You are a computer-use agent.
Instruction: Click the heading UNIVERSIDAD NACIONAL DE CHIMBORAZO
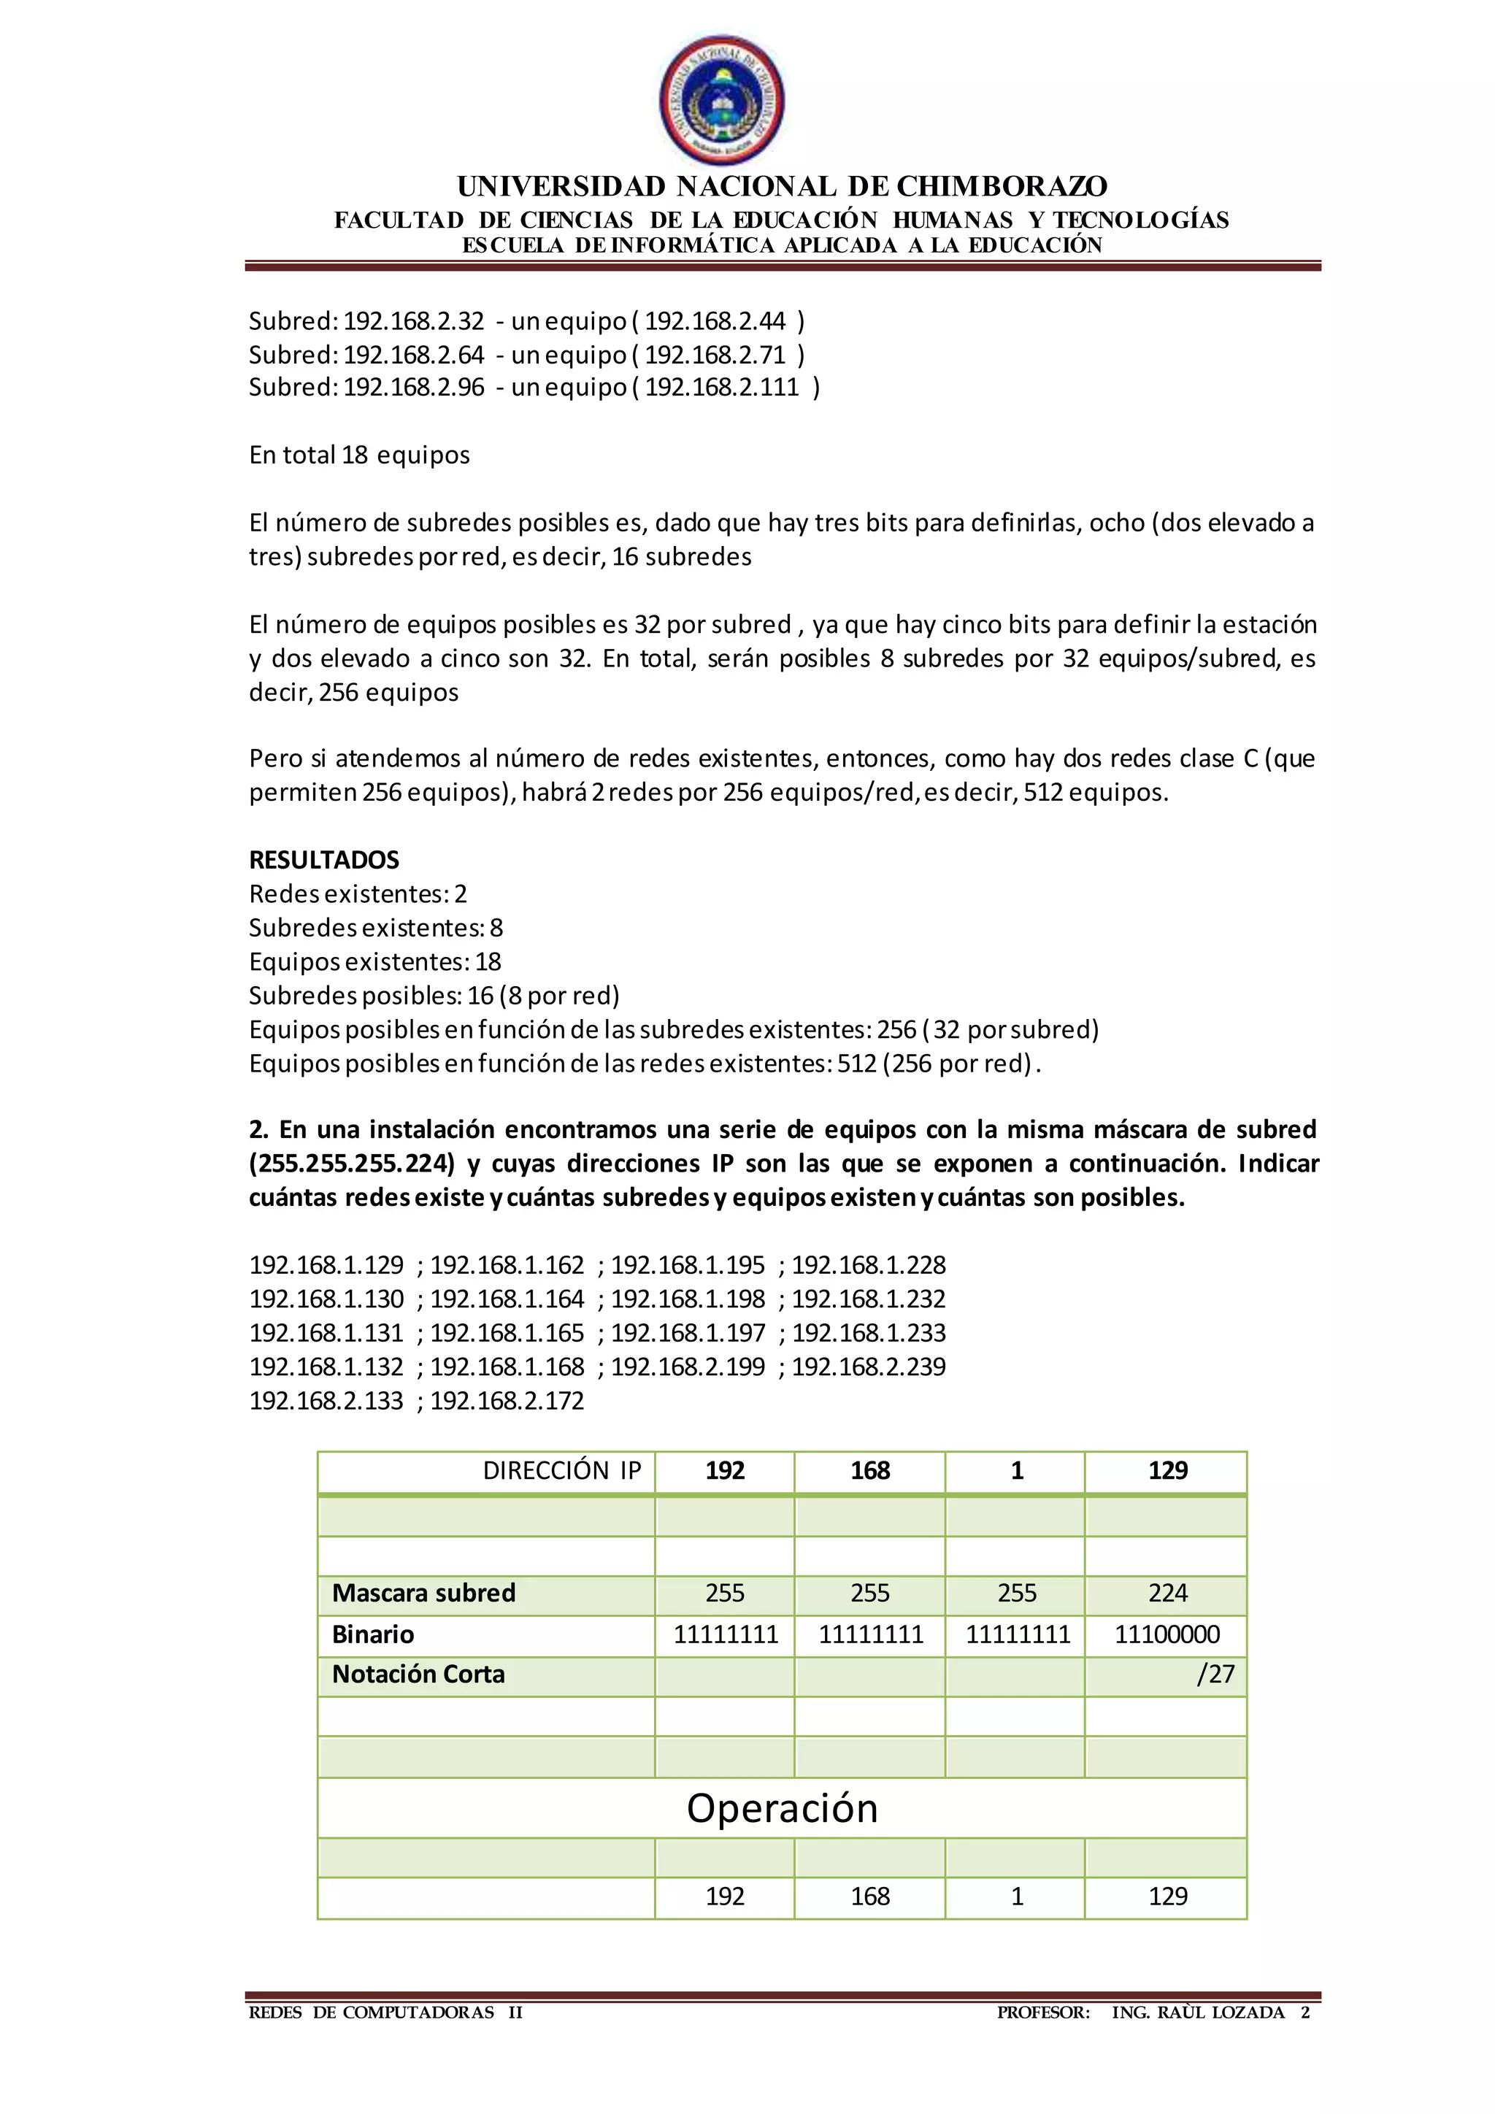pos(782,187)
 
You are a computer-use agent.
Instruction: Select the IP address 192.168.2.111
pos(722,387)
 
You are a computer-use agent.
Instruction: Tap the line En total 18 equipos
pos(359,455)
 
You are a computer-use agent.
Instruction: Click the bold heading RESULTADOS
pos(324,860)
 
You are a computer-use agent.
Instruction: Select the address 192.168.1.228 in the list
pos(868,1265)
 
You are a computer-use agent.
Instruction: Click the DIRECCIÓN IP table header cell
pos(561,1470)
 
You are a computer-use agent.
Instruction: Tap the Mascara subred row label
pos(423,1593)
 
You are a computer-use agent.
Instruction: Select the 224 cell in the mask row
pos(1167,1593)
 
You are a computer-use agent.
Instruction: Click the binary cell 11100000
pos(1167,1634)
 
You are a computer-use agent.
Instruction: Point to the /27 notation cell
pos(1215,1674)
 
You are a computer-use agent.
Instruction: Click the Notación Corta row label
pos(418,1674)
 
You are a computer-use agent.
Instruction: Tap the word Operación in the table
pos(782,1808)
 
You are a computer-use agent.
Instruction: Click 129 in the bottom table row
pos(1167,1896)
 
